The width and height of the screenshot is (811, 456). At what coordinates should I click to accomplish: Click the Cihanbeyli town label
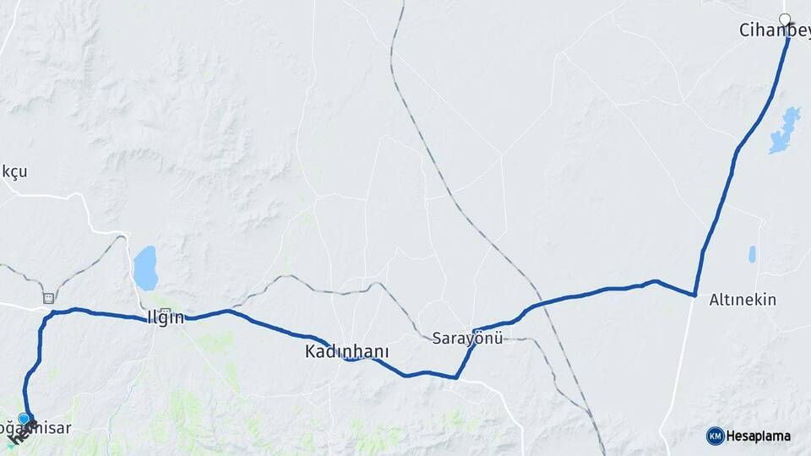pos(774,30)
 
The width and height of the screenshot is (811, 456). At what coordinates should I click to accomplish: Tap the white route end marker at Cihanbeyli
pos(785,19)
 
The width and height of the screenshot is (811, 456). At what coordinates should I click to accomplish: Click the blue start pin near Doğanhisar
pos(24,418)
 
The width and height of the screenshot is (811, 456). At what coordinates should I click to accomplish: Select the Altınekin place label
pos(743,300)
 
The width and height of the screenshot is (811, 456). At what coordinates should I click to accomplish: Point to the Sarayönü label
pos(467,339)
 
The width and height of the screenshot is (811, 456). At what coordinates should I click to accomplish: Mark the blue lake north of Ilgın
pos(144,268)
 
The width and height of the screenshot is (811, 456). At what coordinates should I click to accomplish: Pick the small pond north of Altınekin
pos(752,253)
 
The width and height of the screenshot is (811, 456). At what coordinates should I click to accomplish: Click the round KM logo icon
pos(715,436)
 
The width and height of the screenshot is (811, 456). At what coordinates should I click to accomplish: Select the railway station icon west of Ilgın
pos(48,298)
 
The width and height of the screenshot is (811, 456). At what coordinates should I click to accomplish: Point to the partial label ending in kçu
pos(14,171)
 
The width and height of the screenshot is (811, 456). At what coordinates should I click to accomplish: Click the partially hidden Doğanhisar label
pos(42,429)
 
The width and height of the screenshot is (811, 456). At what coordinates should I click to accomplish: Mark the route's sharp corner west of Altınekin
pos(694,295)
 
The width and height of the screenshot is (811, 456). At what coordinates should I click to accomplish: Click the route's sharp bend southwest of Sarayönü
pos(456,377)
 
